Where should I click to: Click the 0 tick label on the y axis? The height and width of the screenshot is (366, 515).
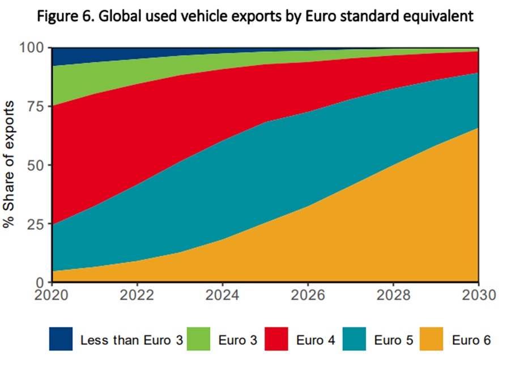pyautogui.click(x=40, y=282)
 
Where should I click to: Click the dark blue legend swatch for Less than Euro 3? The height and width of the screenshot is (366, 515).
pyautogui.click(x=61, y=340)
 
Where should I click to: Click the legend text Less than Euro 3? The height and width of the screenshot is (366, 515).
pyautogui.click(x=131, y=340)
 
